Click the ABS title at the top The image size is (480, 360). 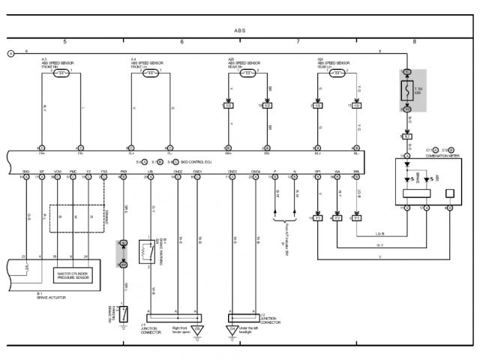coord(239,31)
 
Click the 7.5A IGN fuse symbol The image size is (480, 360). coord(407,91)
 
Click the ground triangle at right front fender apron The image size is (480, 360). coord(198,328)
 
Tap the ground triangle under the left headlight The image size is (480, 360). coord(231,329)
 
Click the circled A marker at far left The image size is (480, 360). coord(10,52)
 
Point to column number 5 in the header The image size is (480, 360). coord(65,41)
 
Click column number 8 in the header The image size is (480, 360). coord(413,41)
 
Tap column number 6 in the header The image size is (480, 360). coord(182,41)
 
